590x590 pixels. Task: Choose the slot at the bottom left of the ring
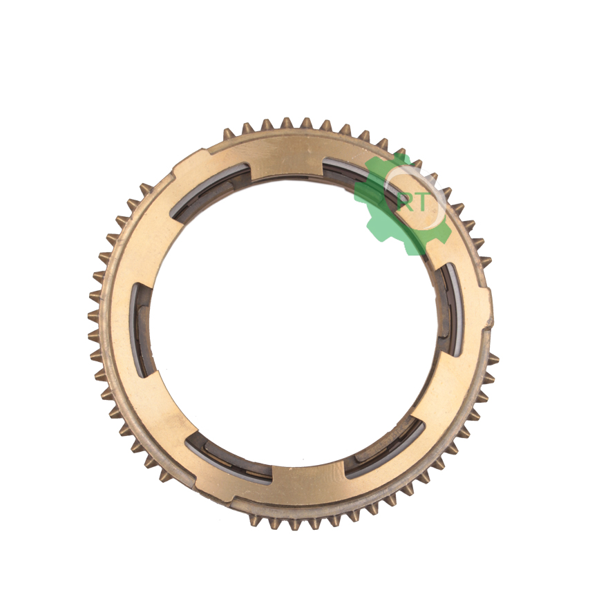pos(229,459)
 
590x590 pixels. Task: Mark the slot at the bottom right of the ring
pos(385,450)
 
